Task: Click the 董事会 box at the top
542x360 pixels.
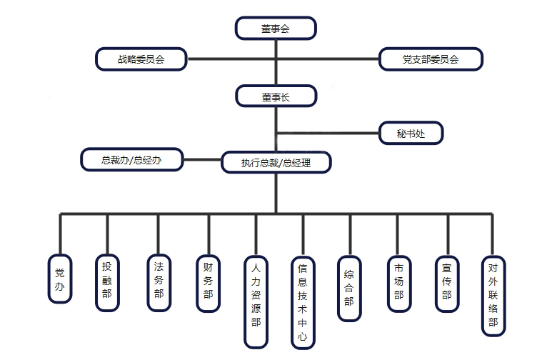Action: click(x=276, y=29)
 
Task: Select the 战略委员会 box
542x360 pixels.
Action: click(x=141, y=59)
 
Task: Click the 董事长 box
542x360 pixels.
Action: click(x=276, y=96)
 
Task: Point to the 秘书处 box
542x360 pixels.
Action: click(x=410, y=132)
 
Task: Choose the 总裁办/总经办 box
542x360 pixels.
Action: click(x=131, y=160)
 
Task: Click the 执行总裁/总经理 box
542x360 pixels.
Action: click(x=276, y=162)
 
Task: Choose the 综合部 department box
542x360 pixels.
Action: click(x=348, y=286)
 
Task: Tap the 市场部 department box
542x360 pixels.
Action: click(x=398, y=282)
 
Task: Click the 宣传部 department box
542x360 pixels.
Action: click(x=447, y=282)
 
